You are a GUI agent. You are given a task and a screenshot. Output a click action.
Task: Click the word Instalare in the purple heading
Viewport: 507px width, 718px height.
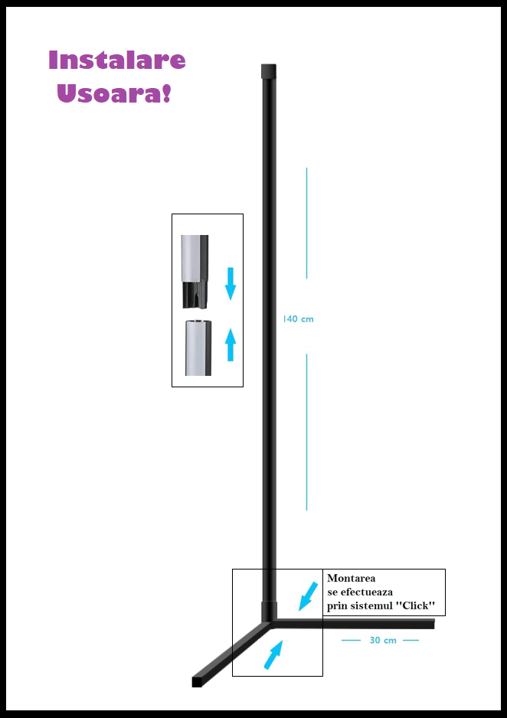(116, 60)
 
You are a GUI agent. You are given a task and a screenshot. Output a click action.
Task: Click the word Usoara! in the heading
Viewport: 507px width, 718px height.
(114, 93)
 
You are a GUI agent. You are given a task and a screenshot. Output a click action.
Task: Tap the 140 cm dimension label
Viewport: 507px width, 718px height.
(298, 318)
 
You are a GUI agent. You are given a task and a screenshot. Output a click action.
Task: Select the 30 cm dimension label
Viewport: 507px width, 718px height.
(383, 640)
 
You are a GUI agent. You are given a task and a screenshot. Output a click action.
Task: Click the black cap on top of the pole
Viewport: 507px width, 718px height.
(268, 71)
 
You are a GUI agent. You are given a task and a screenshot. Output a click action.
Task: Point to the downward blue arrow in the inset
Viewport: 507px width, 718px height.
(231, 284)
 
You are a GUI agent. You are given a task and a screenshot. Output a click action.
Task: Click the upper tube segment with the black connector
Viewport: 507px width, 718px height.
(195, 271)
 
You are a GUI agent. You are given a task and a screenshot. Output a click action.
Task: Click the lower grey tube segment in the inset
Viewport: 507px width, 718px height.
(198, 348)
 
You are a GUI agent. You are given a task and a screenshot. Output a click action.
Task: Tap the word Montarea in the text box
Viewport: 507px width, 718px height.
(352, 578)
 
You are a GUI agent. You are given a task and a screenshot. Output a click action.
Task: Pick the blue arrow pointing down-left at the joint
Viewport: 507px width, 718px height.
(308, 596)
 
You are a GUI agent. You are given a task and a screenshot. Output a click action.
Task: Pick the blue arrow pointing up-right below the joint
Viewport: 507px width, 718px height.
(273, 654)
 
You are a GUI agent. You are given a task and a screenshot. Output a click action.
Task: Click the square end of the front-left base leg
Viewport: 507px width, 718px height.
(197, 681)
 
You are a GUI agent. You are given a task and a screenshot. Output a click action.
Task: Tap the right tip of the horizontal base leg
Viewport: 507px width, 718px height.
(433, 624)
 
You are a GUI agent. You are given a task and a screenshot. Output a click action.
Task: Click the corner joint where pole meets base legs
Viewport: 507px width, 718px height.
(270, 622)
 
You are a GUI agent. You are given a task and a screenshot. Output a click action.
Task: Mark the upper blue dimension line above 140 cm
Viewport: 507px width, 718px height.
(306, 223)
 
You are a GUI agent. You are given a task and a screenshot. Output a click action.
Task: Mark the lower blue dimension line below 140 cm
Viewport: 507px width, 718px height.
(306, 432)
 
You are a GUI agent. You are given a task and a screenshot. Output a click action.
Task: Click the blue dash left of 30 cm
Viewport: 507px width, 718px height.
(351, 640)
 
